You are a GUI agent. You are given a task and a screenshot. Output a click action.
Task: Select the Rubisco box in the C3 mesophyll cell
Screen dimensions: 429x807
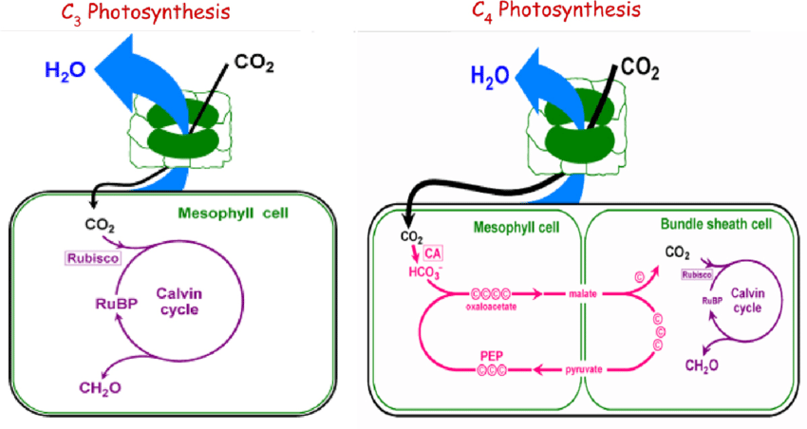pos(90,258)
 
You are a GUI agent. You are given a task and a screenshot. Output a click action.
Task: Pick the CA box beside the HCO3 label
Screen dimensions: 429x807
pos(434,253)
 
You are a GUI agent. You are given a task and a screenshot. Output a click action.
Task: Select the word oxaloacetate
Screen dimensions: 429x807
pos(493,307)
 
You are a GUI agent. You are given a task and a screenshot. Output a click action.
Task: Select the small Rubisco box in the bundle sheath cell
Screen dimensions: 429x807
pos(698,275)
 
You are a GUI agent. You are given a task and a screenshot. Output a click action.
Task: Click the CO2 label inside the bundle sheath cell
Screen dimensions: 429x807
pos(677,252)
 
